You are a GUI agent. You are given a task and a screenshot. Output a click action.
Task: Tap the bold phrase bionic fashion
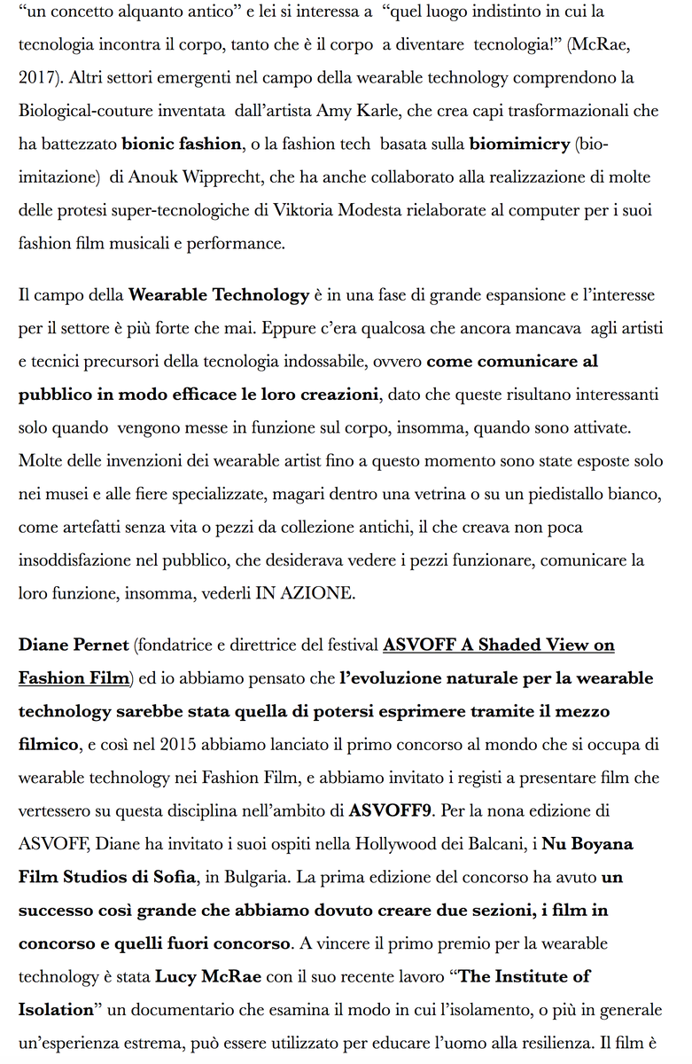181,144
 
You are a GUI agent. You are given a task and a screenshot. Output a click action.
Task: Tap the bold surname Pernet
97,645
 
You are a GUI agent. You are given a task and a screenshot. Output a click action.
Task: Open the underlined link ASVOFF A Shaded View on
499,645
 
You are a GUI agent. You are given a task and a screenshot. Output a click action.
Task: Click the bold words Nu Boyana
587,844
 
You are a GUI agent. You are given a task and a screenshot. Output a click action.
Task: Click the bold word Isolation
56,1010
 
